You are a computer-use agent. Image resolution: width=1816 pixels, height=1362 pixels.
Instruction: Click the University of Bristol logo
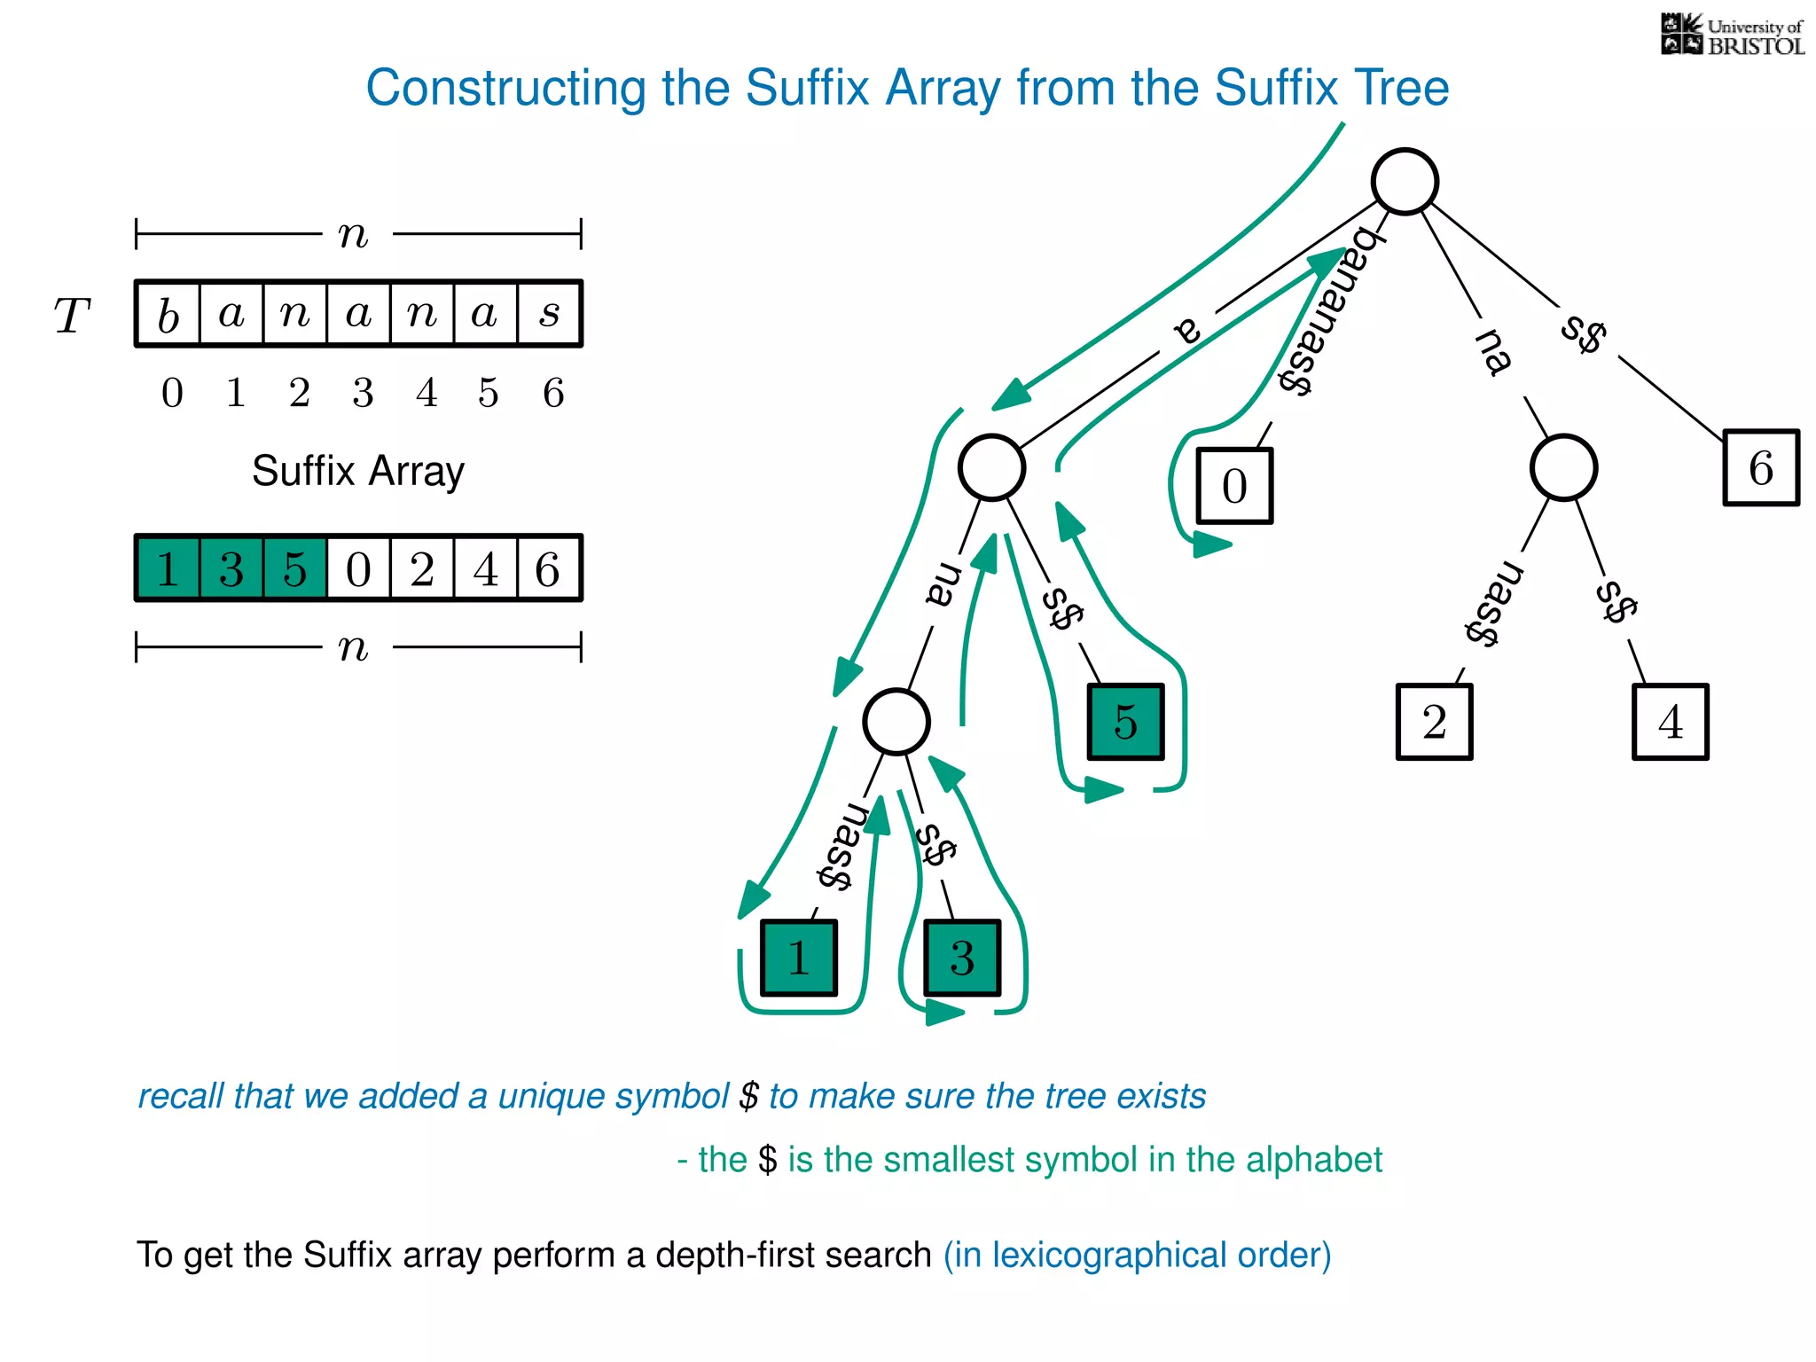[1731, 35]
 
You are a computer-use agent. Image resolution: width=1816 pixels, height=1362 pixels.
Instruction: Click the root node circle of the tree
[1405, 182]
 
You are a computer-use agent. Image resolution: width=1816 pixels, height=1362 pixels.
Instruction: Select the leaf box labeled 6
[1760, 467]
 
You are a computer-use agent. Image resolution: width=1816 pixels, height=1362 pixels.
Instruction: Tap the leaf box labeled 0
[1234, 486]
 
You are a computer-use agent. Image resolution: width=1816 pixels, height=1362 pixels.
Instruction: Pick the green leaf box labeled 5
[1125, 721]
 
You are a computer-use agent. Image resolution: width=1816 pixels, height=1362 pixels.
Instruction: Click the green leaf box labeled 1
[798, 958]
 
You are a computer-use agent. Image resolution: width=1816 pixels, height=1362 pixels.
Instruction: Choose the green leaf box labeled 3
[962, 958]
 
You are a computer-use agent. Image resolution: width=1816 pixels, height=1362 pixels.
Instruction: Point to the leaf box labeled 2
[1434, 721]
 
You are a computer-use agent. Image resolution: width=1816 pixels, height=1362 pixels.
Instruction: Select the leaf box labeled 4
[1670, 721]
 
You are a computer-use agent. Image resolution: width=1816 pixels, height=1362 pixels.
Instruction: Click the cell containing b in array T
[168, 314]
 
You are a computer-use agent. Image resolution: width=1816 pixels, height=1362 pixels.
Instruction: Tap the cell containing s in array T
[549, 314]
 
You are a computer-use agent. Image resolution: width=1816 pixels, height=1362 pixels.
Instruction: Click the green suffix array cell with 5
[294, 568]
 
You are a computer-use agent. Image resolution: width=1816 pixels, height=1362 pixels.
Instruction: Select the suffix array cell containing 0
[358, 568]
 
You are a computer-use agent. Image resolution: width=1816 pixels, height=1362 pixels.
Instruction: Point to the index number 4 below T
[427, 393]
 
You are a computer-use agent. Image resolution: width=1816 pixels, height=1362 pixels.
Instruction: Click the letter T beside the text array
[72, 316]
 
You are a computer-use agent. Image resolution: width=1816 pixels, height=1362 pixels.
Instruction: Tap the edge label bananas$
[1327, 310]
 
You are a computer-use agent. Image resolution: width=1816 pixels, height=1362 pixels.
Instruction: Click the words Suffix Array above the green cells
[357, 471]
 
